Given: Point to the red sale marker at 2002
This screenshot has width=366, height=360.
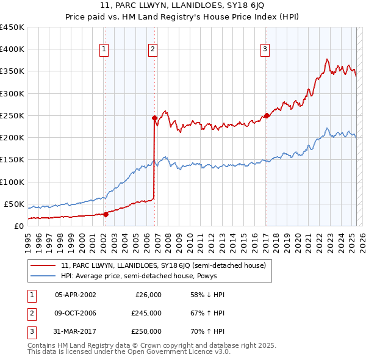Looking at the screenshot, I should coord(106,214).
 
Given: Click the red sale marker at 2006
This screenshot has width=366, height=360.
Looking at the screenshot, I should coord(154,118).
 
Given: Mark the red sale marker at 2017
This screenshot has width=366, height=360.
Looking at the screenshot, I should coord(267,115).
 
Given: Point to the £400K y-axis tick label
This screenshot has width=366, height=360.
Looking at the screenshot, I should coord(12,49).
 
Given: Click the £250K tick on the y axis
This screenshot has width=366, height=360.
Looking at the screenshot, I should coord(12,115).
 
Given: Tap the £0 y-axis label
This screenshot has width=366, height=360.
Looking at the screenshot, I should coord(18,226).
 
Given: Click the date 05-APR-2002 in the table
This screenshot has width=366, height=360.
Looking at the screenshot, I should coord(76,295).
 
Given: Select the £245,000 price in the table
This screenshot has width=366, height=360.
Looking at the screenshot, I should coord(146,313).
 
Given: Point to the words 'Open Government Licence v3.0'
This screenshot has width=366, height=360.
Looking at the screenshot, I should coord(177,352).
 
